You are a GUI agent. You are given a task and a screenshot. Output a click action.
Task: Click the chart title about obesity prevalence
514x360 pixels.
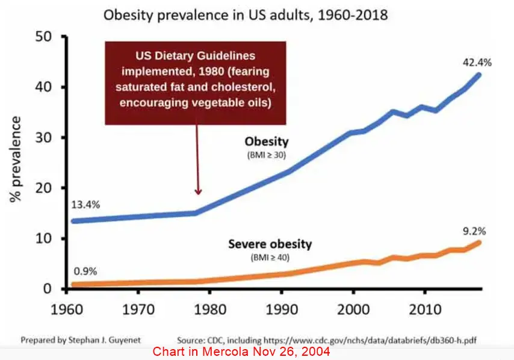pyautogui.click(x=246, y=14)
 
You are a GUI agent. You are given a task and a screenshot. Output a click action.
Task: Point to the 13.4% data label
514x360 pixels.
pyautogui.click(x=85, y=204)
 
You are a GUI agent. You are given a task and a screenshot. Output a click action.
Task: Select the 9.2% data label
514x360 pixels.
pyautogui.click(x=474, y=231)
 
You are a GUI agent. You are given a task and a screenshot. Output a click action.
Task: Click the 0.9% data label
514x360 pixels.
pyautogui.click(x=85, y=270)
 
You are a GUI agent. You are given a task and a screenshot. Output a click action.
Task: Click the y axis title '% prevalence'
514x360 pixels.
pyautogui.click(x=16, y=160)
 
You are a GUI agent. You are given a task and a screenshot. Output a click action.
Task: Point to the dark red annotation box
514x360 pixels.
pyautogui.click(x=195, y=83)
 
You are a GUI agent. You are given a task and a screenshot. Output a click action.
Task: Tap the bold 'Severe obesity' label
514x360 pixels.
pyautogui.click(x=270, y=244)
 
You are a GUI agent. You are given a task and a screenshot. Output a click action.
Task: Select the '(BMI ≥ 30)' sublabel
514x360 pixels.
pyautogui.click(x=266, y=156)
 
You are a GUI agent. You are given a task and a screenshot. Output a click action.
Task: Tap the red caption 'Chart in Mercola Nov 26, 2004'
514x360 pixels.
pyautogui.click(x=241, y=352)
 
